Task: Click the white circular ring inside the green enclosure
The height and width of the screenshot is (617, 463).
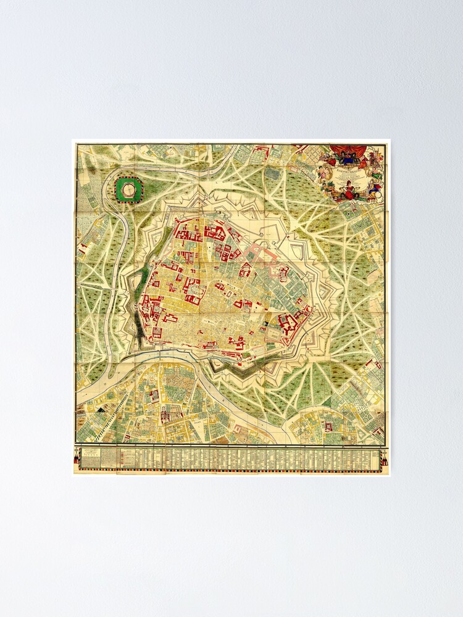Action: pos(128,189)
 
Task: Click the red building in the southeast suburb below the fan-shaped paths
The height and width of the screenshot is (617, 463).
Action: pos(328,425)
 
